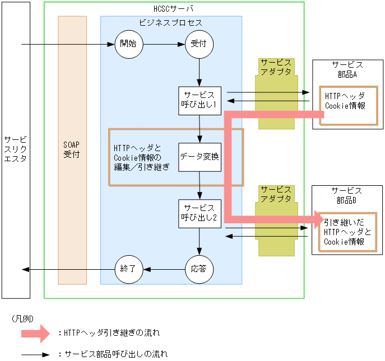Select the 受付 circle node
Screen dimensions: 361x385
(200, 45)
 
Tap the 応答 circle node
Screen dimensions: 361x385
(199, 269)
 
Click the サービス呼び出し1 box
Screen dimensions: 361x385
(200, 101)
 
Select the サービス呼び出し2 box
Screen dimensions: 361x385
(200, 214)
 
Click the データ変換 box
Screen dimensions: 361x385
(200, 157)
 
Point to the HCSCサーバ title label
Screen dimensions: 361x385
(174, 9)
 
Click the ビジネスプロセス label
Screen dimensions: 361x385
(171, 23)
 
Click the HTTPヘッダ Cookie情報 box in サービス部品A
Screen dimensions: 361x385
(345, 101)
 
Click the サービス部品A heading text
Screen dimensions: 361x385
(347, 70)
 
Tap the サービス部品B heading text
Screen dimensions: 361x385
(347, 195)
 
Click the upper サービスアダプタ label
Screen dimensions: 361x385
(276, 68)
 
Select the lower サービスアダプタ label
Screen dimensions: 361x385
(276, 194)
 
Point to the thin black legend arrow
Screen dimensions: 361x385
(36, 355)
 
